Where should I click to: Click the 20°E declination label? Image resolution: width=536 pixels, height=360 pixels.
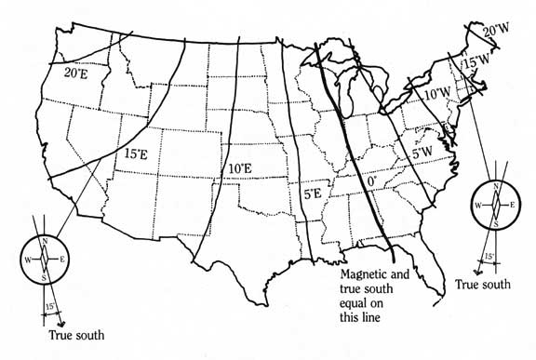(75, 72)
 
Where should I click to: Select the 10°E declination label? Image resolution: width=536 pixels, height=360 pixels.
(239, 168)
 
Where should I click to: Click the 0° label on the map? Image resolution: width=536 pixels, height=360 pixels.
(371, 183)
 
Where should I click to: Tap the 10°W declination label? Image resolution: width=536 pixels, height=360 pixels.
(436, 94)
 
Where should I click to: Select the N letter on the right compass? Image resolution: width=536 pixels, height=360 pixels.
(495, 185)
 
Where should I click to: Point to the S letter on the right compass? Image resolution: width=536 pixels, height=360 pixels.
(496, 223)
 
